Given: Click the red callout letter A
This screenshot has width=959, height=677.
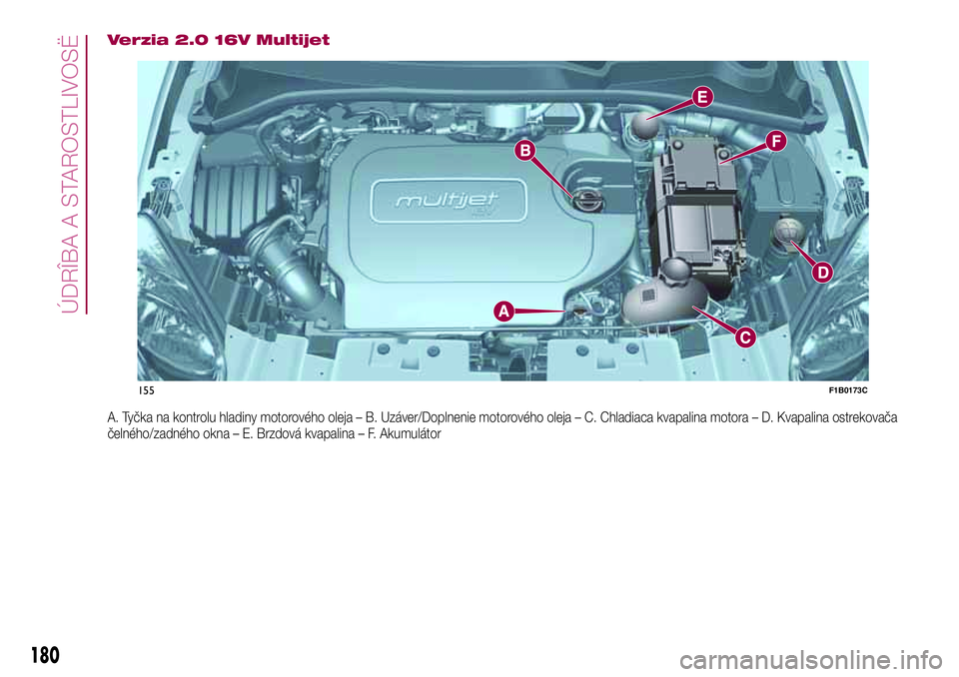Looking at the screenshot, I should (x=501, y=313).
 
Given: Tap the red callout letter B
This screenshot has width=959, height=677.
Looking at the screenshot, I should (x=524, y=151).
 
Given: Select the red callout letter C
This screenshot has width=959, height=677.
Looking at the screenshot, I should (x=744, y=338).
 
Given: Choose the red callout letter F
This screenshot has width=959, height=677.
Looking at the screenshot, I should (x=774, y=142).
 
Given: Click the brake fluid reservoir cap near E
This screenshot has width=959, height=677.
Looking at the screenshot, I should (x=643, y=128).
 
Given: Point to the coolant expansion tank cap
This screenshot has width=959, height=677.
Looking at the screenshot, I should (x=677, y=270).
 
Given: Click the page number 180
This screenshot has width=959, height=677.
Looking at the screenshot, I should (x=44, y=655).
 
